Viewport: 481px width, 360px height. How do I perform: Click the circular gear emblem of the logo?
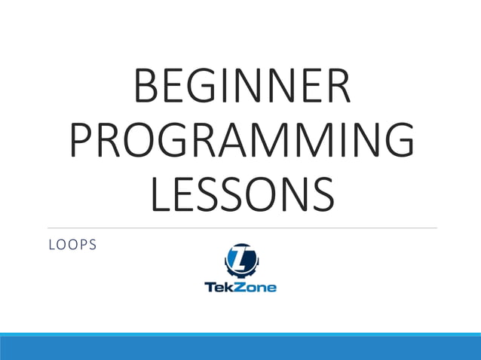pos(240,261)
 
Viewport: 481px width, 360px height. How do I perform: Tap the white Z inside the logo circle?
pos(241,260)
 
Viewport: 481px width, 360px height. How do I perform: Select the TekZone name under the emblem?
pos(240,287)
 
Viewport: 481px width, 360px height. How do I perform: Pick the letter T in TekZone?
pos(210,287)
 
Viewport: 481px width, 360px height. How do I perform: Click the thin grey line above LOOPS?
pos(241,227)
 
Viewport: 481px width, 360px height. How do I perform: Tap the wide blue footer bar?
pos(240,347)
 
